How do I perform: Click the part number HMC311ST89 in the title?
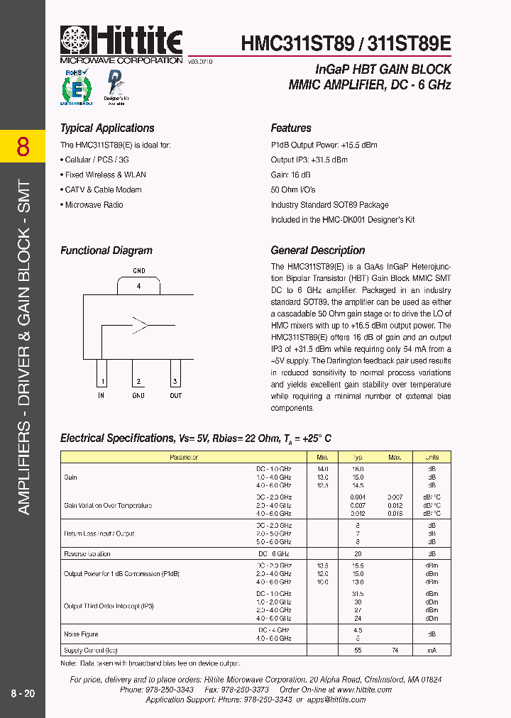coord(297,43)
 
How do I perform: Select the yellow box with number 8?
coord(23,147)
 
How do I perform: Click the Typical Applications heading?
coord(107,128)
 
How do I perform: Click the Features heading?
coord(291,128)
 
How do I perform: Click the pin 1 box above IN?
coord(101,374)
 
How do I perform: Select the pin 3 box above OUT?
coord(175,374)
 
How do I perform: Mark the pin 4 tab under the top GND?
coord(138,285)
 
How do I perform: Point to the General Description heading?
coord(318,250)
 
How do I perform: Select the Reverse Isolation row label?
coord(87,553)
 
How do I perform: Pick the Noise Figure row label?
coord(81,634)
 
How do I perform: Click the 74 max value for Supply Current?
coord(395,650)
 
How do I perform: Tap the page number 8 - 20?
coord(23,694)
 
